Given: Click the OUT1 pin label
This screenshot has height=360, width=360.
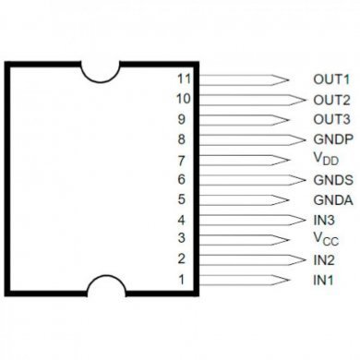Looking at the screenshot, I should (x=331, y=80).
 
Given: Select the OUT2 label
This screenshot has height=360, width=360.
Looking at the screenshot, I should (x=331, y=100).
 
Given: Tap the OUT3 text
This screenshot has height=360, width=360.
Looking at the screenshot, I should (x=331, y=119).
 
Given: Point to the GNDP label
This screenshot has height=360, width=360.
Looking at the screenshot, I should (x=333, y=139).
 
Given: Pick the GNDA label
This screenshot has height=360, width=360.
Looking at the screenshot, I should (x=333, y=199).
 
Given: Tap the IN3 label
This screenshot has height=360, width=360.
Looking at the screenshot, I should (x=324, y=220).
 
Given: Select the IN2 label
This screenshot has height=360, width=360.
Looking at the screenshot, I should (x=324, y=259).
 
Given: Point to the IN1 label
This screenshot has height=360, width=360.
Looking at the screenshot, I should (x=324, y=280).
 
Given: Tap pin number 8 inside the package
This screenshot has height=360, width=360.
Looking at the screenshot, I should (x=183, y=139).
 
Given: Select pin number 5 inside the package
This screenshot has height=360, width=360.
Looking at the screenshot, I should (x=183, y=199).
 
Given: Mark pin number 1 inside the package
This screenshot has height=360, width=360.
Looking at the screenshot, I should (x=183, y=280).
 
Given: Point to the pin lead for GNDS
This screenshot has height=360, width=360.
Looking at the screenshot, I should (x=249, y=179).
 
